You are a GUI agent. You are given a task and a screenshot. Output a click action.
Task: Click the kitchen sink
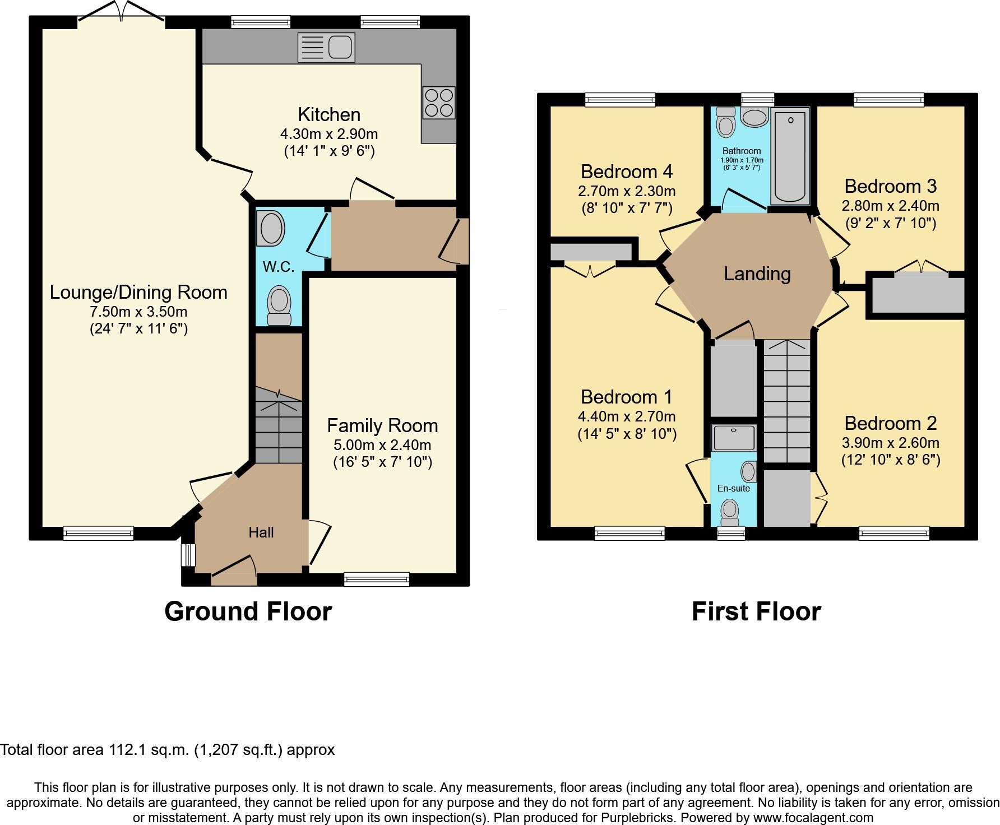326,47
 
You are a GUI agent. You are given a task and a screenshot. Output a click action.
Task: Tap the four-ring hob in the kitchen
439,103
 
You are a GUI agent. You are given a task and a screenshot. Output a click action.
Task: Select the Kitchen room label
329,114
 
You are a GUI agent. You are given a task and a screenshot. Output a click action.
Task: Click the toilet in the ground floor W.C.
279,305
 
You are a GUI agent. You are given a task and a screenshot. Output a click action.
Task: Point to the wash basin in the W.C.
271,229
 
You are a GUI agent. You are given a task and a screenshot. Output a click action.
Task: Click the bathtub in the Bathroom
790,156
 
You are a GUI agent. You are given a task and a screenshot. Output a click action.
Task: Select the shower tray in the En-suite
734,438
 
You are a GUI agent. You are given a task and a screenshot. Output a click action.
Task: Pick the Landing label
757,274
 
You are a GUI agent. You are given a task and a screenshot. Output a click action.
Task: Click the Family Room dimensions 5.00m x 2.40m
382,446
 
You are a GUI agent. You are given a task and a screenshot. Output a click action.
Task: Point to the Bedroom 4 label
627,171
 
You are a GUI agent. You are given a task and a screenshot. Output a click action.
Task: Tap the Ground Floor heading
248,611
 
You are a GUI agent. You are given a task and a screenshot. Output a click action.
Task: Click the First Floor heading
756,611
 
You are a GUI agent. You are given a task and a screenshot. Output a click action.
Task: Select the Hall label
261,532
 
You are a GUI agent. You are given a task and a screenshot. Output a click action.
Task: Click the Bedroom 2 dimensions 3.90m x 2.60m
891,443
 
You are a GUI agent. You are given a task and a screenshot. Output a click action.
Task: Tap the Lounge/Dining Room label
138,292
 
